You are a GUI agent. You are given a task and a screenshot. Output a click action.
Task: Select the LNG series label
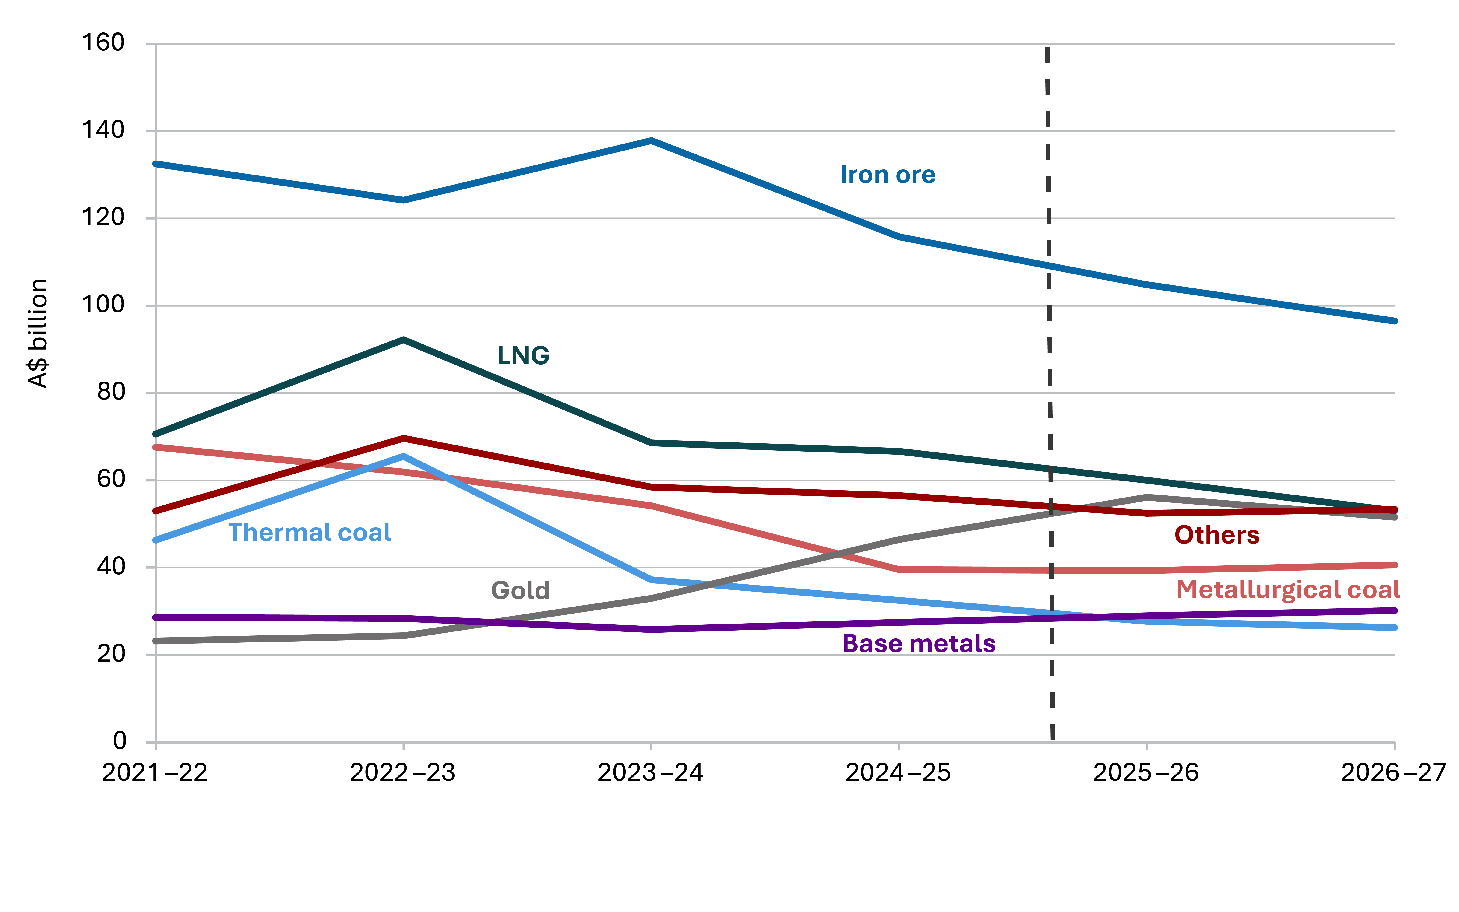pos(523,356)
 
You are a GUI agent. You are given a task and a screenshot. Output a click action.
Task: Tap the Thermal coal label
pos(310,533)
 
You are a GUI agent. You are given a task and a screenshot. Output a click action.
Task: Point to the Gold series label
pos(520,590)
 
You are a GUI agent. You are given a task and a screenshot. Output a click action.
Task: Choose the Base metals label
pos(918,644)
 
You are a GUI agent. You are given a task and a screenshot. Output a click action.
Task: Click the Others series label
pos(1216,535)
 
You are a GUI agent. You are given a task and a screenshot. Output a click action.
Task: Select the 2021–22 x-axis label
pos(155,773)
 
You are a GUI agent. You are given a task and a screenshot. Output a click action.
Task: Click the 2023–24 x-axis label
pos(650,773)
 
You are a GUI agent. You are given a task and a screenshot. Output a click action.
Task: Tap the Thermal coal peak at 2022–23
pos(403,457)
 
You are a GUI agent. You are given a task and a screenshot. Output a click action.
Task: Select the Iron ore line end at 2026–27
pos(1394,321)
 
